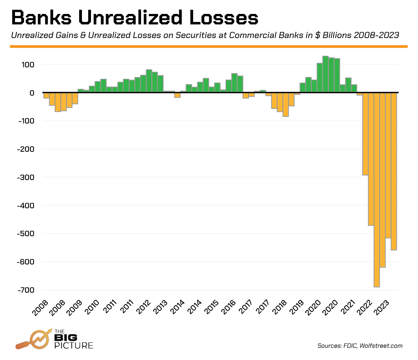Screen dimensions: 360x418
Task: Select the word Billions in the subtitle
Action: tap(335, 36)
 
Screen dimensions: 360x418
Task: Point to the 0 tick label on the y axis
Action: tap(32, 93)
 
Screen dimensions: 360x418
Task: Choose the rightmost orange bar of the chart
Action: tap(394, 171)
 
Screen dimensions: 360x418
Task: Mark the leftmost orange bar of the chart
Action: tap(46, 96)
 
